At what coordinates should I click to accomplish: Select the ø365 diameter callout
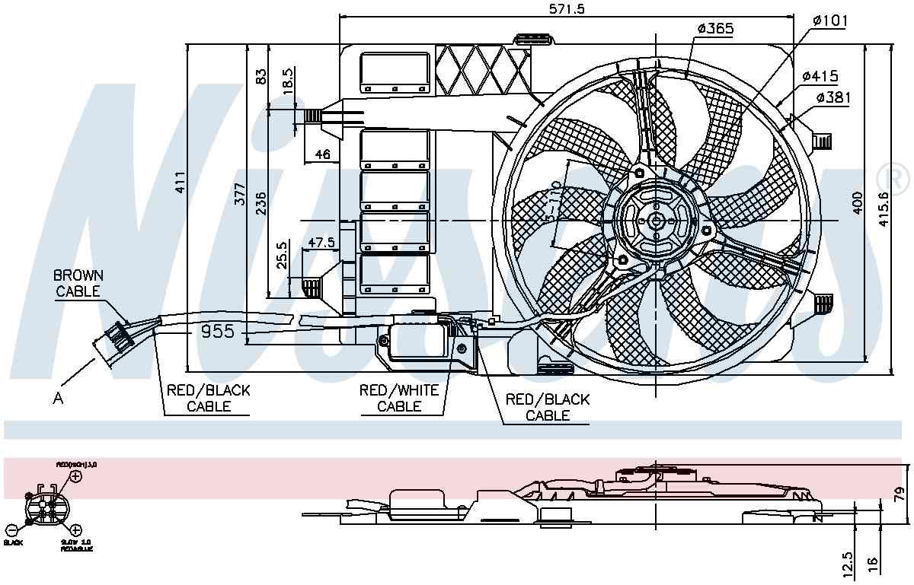(714, 29)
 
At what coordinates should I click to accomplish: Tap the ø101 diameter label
(829, 21)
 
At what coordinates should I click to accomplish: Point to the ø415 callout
(820, 76)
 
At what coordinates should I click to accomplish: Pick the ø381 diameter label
(833, 97)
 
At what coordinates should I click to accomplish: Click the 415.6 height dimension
(883, 205)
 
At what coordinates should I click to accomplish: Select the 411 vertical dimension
(180, 183)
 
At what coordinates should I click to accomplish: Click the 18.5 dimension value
(288, 81)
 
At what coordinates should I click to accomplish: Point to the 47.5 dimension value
(321, 243)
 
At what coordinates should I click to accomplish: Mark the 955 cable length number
(217, 332)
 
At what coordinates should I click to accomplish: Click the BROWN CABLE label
(78, 282)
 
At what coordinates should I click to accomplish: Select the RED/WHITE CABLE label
(399, 399)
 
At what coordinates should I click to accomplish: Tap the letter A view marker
(59, 397)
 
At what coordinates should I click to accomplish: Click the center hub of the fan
(655, 221)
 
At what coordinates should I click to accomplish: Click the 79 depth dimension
(900, 495)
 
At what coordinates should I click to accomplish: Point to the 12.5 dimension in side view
(848, 564)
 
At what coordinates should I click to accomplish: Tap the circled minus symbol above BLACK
(11, 530)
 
